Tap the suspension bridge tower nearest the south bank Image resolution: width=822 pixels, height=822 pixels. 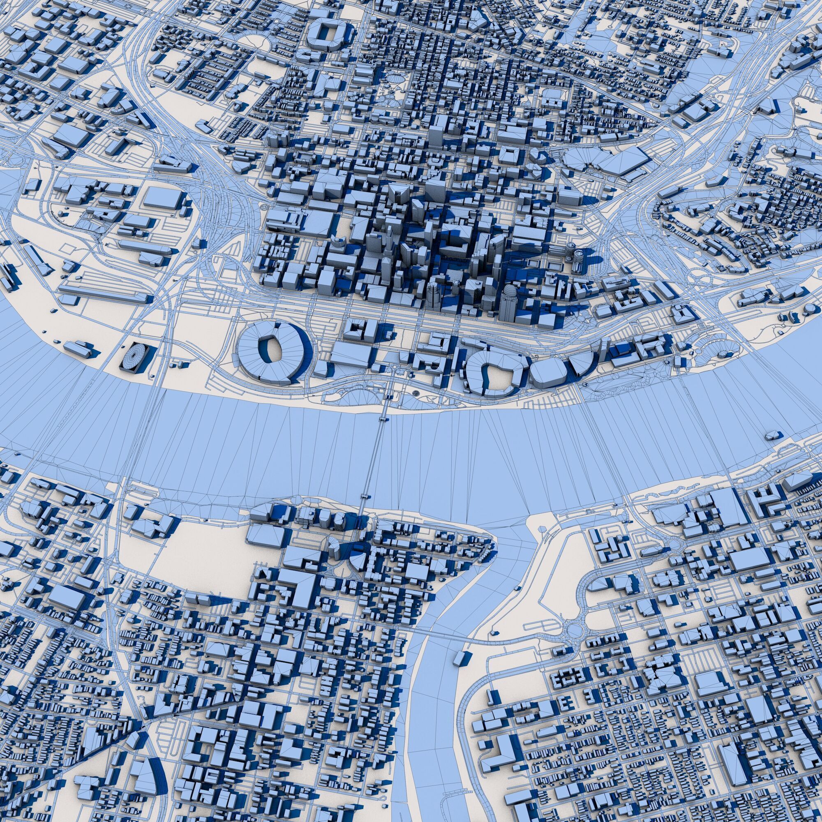tap(365, 497)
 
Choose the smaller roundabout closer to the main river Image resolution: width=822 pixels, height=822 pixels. tap(674, 543)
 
